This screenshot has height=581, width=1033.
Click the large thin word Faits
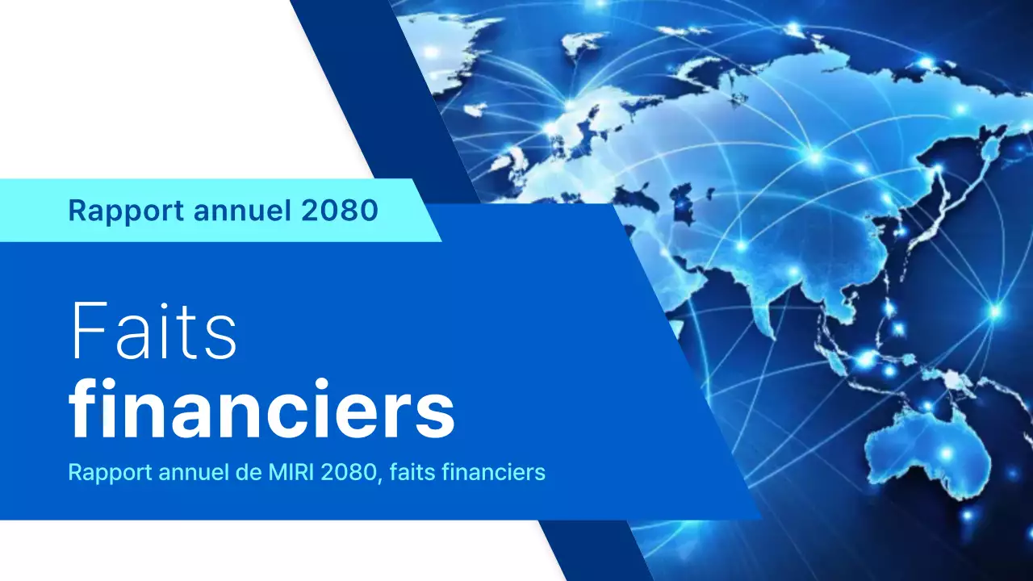(x=153, y=332)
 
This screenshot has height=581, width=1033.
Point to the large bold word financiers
(x=261, y=412)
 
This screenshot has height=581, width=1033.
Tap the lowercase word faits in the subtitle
(x=408, y=472)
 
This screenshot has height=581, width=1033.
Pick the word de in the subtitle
(x=245, y=472)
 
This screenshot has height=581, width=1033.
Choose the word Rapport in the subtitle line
(x=101, y=472)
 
